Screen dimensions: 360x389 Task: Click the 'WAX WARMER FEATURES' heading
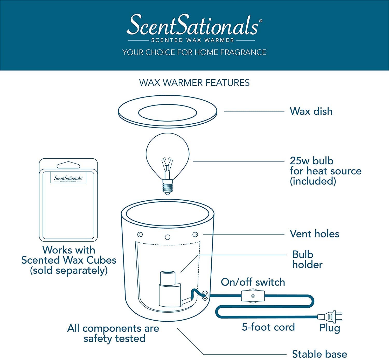pos(194,83)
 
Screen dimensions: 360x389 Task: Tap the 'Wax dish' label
pos(311,111)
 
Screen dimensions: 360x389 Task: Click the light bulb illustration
pos(167,156)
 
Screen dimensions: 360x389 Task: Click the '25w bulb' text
pos(311,161)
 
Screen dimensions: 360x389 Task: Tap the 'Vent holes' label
pos(314,234)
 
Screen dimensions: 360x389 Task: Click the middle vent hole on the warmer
pos(168,237)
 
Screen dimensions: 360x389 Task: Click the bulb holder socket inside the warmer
pos(168,288)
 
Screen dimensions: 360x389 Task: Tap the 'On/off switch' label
pos(253,282)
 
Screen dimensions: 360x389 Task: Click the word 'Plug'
pos(330,328)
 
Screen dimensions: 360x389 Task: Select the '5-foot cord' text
pos(268,327)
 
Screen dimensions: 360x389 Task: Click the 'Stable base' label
pos(319,354)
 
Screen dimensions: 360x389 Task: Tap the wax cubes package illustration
pos(68,200)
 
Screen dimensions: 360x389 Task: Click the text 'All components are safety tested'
pos(113,333)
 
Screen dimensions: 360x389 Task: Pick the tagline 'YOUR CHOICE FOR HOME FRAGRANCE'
pos(194,52)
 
